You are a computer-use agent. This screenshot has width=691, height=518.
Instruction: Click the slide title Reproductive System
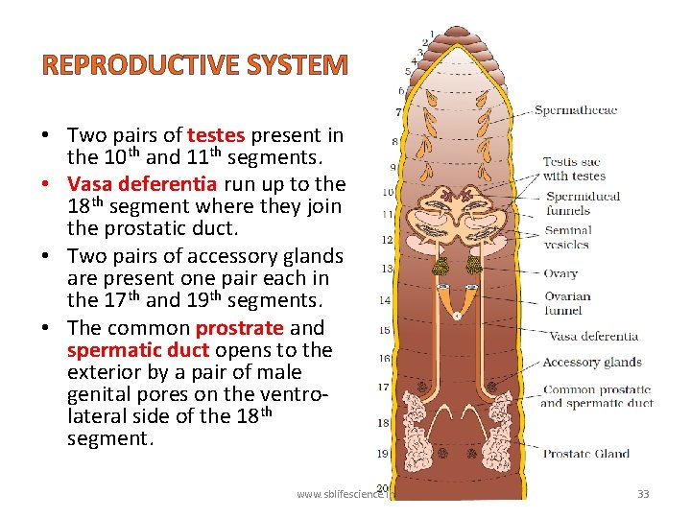194,64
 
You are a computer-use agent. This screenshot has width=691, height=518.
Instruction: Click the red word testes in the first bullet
216,136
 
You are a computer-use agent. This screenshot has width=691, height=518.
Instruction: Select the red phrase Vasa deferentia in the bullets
129,183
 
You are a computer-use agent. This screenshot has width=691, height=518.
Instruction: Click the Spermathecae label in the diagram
575,110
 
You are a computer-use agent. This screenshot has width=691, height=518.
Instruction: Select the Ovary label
560,273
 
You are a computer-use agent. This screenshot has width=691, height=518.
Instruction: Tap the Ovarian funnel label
566,303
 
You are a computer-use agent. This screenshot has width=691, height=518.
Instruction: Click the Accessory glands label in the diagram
591,363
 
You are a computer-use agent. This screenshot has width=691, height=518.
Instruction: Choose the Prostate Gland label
585,454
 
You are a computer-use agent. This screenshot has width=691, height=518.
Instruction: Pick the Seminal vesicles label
569,237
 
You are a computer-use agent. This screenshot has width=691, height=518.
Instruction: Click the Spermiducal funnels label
583,203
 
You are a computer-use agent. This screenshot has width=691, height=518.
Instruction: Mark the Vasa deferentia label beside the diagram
592,337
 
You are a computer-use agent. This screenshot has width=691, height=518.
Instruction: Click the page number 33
643,494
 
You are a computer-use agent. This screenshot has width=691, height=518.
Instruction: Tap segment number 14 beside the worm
384,301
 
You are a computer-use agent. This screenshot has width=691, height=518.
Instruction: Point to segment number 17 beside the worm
383,388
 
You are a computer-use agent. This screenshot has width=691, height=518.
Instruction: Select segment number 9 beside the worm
393,169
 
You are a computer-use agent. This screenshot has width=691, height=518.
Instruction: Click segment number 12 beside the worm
387,240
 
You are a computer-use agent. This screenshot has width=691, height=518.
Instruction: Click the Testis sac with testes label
574,169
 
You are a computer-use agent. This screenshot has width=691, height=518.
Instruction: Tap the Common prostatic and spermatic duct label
596,397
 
